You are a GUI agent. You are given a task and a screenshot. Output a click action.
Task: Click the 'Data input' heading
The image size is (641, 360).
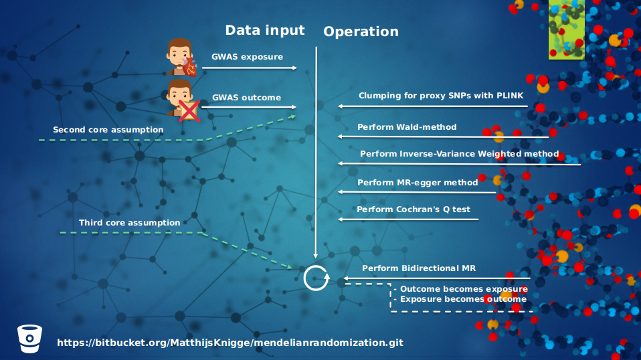(x=264, y=30)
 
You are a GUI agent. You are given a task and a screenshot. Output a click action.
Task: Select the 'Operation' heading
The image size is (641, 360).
(x=361, y=31)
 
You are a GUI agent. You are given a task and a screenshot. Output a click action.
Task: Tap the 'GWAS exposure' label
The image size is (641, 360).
(x=247, y=57)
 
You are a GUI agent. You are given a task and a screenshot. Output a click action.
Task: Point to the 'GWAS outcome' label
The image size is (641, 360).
(x=246, y=98)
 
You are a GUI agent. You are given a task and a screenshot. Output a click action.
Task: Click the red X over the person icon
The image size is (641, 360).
(x=189, y=111)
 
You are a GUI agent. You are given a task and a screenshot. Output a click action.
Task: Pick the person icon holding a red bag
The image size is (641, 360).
(x=181, y=57)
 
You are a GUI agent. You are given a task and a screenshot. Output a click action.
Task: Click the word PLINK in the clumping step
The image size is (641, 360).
(x=510, y=96)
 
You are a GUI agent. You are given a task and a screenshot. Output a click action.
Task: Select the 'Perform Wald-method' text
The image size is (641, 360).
(x=407, y=126)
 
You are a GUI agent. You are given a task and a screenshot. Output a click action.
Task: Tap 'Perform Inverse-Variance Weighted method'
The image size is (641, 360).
(x=459, y=154)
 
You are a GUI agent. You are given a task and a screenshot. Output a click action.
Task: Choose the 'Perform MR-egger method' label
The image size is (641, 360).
(x=418, y=182)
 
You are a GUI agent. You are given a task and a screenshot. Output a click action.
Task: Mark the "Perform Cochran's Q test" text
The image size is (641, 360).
(x=414, y=209)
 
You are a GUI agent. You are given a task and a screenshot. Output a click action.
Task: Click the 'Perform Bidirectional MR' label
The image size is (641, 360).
(x=419, y=268)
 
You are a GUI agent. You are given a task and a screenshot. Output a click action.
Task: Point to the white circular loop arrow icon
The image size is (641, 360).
(x=316, y=278)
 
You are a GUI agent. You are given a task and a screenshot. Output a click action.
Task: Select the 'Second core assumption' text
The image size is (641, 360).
(x=108, y=130)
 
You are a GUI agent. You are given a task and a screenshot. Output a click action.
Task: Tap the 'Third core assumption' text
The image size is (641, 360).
(x=129, y=223)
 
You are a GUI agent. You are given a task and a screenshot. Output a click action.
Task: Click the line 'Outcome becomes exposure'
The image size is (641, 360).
(x=463, y=289)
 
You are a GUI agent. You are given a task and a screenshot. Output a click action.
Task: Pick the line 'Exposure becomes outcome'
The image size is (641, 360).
(x=463, y=299)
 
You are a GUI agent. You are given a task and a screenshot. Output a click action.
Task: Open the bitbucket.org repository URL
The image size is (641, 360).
(x=230, y=343)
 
